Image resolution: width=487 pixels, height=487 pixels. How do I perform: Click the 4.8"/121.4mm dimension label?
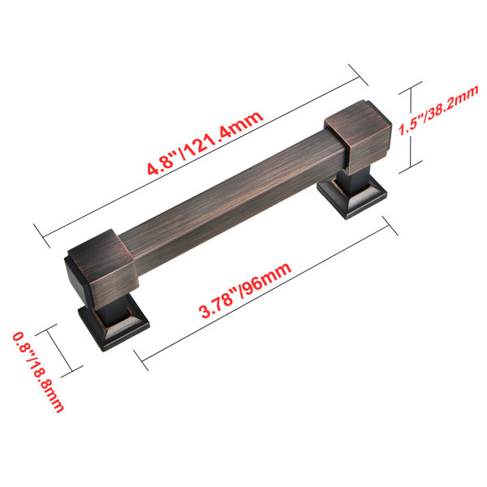point(205,143)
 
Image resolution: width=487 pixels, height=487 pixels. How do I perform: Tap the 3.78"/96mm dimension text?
point(245,290)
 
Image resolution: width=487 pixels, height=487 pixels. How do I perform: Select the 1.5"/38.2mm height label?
point(438,110)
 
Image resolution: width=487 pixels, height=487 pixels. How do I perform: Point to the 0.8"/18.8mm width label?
point(38,372)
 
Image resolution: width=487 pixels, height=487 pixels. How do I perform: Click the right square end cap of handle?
point(358,136)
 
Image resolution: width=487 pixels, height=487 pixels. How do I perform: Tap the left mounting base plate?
point(114,328)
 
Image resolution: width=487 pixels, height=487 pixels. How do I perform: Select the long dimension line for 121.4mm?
point(200,156)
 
